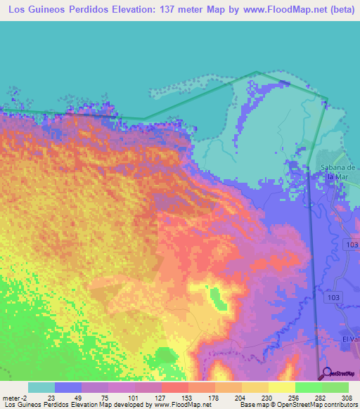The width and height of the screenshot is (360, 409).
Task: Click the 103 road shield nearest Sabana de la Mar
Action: tap(352, 243)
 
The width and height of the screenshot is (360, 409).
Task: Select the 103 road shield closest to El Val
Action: tap(335, 297)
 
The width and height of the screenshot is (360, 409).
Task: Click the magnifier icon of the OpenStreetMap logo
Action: tap(325, 373)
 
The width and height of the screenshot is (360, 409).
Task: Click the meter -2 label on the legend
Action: tap(15, 397)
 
